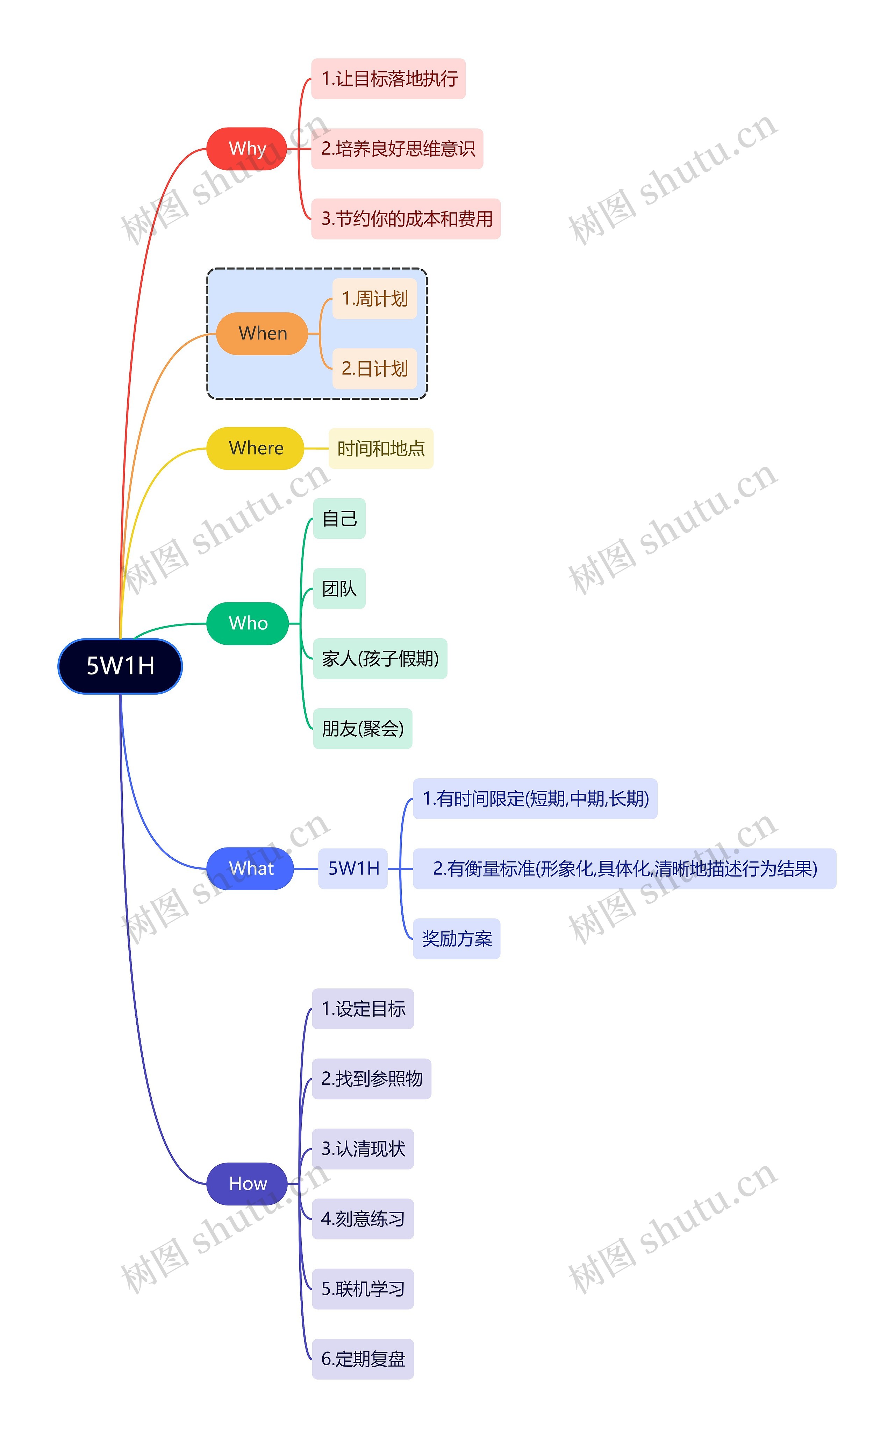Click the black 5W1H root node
(x=120, y=666)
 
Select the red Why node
(x=247, y=149)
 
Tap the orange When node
(x=262, y=333)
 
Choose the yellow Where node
(x=255, y=448)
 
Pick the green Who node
(x=248, y=623)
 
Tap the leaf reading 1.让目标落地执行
(x=388, y=79)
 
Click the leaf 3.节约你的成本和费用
(x=406, y=219)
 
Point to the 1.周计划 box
(x=375, y=299)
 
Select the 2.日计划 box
(x=375, y=369)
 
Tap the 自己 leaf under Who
(x=339, y=518)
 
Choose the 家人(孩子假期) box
(x=380, y=659)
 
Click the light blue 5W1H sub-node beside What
(x=353, y=868)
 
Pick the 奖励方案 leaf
(x=456, y=938)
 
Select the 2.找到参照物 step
(x=371, y=1079)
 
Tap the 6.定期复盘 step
(x=363, y=1359)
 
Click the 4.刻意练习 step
(x=363, y=1219)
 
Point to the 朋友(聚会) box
(x=362, y=729)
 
